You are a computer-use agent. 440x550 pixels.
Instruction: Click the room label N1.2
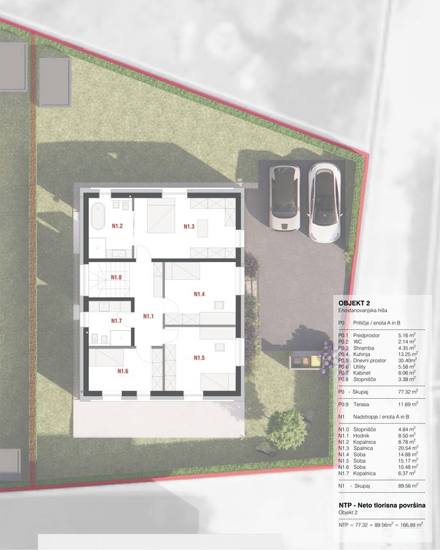118,226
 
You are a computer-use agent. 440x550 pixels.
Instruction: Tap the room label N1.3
189,226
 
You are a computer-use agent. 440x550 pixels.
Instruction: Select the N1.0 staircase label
116,277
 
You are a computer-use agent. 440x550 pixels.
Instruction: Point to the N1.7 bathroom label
117,321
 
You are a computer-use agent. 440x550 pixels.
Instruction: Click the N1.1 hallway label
148,317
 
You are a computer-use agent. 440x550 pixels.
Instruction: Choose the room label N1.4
199,294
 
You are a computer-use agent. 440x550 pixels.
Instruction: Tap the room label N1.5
199,358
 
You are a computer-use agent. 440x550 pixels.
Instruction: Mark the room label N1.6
123,371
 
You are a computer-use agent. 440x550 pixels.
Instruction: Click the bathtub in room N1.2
98,216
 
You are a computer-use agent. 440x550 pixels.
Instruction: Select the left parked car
284,198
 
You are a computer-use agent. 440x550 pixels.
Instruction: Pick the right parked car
325,203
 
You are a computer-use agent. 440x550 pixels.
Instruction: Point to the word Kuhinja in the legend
361,354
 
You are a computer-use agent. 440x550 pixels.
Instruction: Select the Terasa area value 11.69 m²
408,404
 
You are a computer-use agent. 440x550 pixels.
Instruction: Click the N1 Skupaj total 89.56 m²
408,486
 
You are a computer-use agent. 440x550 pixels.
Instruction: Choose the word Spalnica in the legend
363,448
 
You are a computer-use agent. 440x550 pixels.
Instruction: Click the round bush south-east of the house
287,430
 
